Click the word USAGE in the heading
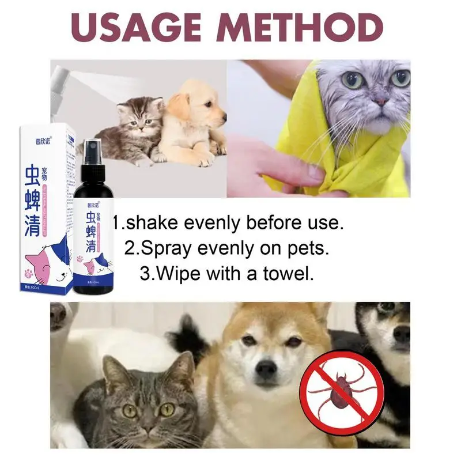(x=136, y=28)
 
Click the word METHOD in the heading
(x=306, y=28)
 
